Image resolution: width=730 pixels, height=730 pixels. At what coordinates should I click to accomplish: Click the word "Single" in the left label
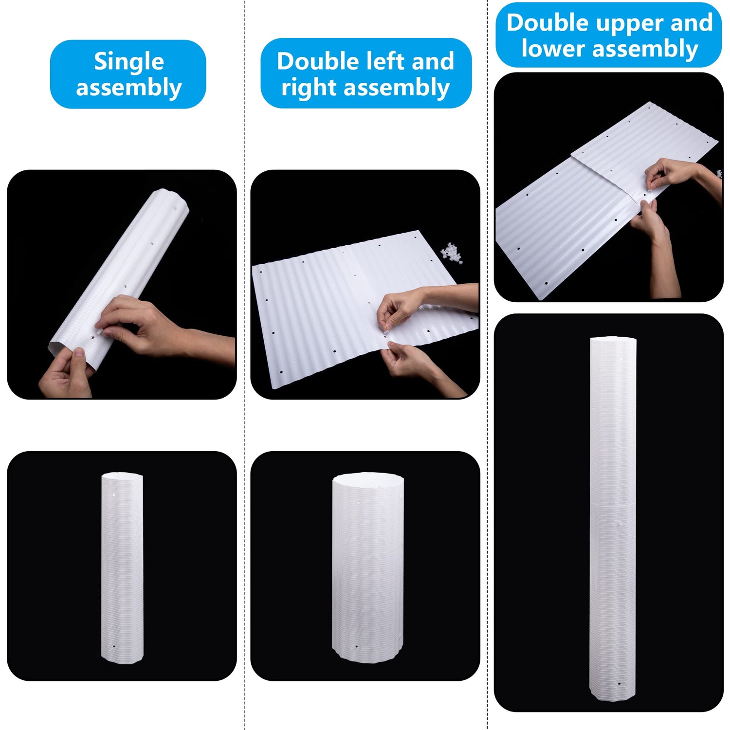coord(129,62)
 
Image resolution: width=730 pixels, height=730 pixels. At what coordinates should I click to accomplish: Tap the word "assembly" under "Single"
coord(129,88)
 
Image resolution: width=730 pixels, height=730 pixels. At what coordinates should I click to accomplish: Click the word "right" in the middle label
coord(310,88)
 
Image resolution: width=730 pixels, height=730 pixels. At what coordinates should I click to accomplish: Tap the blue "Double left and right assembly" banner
coord(366,73)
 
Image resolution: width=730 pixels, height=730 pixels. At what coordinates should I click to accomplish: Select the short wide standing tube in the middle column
coord(368,567)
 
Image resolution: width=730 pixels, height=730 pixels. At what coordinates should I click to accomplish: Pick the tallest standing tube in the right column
coord(613,519)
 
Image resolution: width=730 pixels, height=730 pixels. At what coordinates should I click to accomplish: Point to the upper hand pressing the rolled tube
coord(136,324)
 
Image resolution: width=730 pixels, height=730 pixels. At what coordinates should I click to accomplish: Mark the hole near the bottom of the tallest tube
coord(619,683)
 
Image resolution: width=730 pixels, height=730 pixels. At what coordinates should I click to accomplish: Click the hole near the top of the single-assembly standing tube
coord(113,495)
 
